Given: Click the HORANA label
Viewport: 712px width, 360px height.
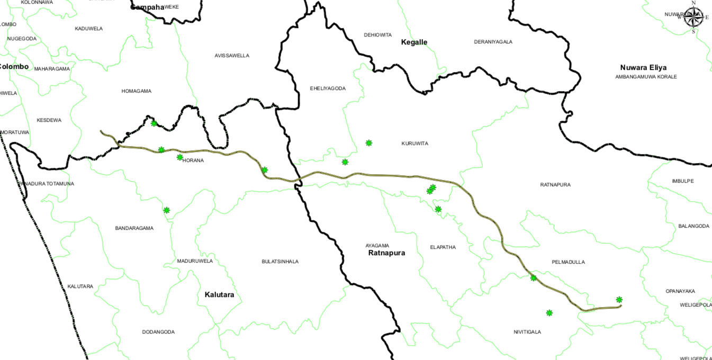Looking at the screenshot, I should point(193,160).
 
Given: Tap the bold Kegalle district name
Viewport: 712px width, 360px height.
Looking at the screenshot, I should point(414,42).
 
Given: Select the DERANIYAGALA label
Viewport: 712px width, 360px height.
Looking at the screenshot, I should point(493,42).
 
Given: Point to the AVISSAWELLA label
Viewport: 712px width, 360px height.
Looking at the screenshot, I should point(232,56).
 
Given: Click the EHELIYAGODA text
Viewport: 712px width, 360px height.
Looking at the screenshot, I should point(328,88).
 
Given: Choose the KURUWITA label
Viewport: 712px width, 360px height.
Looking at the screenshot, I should point(414,143).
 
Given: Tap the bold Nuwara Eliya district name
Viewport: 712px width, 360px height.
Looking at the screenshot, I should point(643,68).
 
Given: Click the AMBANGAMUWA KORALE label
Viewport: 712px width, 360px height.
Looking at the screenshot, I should point(646,77).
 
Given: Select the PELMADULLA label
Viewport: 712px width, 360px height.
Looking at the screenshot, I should point(568,262).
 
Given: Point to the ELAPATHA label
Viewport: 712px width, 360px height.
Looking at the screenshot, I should point(443,247).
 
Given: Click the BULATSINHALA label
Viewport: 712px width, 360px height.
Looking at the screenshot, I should point(280,262).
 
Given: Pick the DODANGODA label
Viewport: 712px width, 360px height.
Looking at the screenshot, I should point(158,332).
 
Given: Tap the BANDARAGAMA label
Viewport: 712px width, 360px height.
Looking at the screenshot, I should point(134,228).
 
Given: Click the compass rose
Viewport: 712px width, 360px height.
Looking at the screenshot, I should point(693,17).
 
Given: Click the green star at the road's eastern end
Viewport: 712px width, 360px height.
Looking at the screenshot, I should point(619,300).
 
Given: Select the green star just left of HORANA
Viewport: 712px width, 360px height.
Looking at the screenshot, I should point(180,157).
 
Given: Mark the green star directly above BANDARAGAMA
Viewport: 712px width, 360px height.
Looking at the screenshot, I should point(166,210).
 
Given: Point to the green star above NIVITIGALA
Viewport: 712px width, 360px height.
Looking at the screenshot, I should point(549,313).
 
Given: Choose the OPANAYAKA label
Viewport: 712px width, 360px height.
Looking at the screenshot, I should point(680,291).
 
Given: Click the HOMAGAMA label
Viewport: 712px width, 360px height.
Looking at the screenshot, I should point(136,91).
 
